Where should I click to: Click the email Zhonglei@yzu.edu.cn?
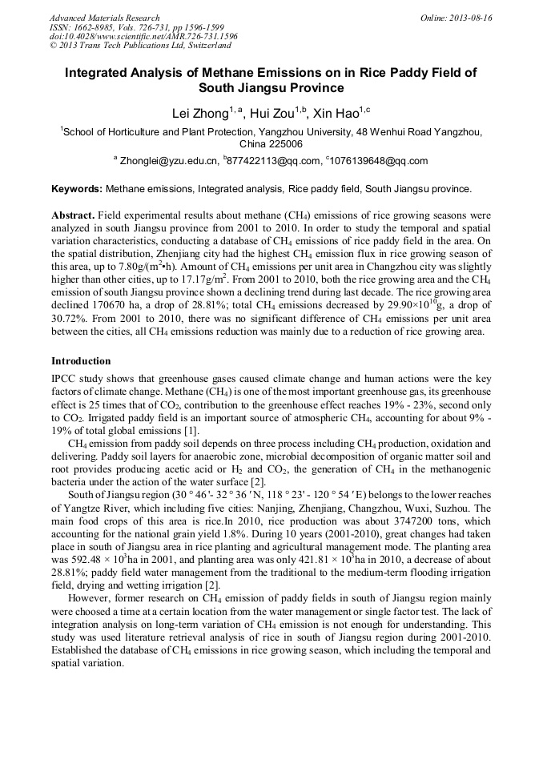(x=169, y=161)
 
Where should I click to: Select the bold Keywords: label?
(x=77, y=190)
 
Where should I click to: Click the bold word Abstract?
(x=73, y=216)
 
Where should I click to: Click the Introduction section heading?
(x=81, y=361)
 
